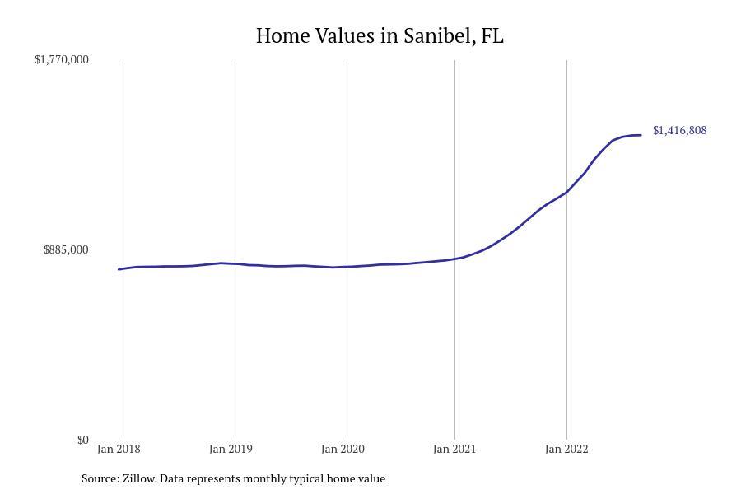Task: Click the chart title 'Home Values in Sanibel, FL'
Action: click(x=380, y=36)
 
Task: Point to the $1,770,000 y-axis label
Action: click(x=62, y=59)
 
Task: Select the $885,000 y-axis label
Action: click(x=66, y=249)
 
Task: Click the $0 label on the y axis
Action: click(x=82, y=440)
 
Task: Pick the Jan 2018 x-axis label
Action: click(x=119, y=449)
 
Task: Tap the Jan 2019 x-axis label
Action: click(x=231, y=449)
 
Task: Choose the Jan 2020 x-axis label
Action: click(x=343, y=449)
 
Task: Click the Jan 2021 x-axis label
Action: click(x=454, y=449)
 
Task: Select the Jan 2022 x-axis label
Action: click(x=566, y=449)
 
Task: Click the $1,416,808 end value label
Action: click(x=679, y=130)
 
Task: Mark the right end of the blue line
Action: click(x=641, y=135)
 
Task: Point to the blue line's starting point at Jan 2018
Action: click(x=119, y=269)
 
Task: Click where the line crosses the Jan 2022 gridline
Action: click(x=566, y=192)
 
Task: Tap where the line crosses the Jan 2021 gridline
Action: click(x=454, y=259)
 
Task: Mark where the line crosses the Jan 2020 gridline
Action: click(x=343, y=267)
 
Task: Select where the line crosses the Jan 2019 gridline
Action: click(x=231, y=263)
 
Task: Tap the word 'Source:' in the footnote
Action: click(x=100, y=478)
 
